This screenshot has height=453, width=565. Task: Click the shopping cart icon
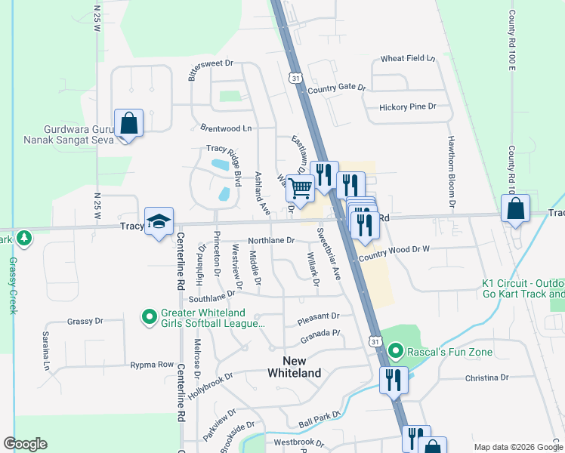pos(301,188)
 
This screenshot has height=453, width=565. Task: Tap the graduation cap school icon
pos(159,221)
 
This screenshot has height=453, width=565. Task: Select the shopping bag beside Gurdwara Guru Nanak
pos(128,123)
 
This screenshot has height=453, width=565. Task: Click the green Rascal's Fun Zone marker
pos(394,352)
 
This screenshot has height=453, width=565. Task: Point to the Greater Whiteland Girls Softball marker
pos(150,318)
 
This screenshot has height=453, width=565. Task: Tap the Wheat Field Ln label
pos(409,58)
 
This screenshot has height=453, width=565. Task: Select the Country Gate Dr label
pos(336,88)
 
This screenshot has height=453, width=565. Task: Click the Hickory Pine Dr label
pos(408,107)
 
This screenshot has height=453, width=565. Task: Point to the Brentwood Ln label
pos(226,128)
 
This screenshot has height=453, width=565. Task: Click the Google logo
pos(25,444)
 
